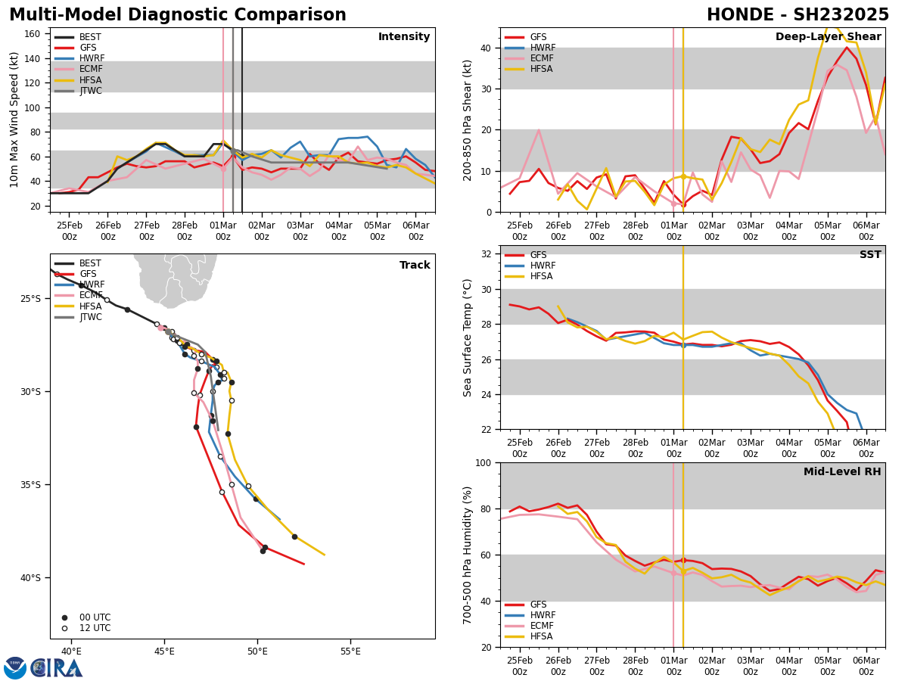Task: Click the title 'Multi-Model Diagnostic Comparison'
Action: pyautogui.click(x=178, y=15)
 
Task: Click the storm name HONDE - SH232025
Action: pyautogui.click(x=798, y=15)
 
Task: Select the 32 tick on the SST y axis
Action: pyautogui.click(x=487, y=254)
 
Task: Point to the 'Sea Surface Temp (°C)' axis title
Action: pyautogui.click(x=468, y=337)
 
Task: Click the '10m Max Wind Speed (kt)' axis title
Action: pyautogui.click(x=14, y=120)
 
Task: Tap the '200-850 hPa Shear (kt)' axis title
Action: pyautogui.click(x=468, y=120)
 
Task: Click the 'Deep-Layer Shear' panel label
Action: pyautogui.click(x=828, y=37)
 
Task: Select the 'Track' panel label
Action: pyautogui.click(x=415, y=266)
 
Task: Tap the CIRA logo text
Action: pyautogui.click(x=56, y=668)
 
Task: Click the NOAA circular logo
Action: pyautogui.click(x=15, y=668)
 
